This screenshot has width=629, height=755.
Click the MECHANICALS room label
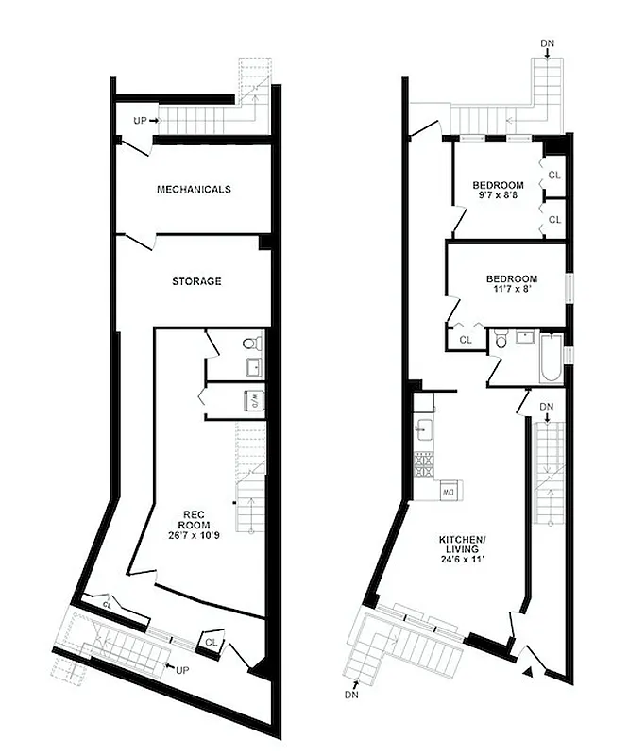pyautogui.click(x=193, y=189)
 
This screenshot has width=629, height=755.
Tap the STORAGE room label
pyautogui.click(x=196, y=281)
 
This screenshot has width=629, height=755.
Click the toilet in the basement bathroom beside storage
pyautogui.click(x=250, y=344)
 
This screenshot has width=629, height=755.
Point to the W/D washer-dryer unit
pyautogui.click(x=252, y=400)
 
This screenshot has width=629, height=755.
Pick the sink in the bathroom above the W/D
pyautogui.click(x=253, y=366)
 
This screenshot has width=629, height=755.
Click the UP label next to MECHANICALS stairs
pyautogui.click(x=141, y=121)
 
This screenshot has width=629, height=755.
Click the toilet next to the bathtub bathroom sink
pyautogui.click(x=501, y=341)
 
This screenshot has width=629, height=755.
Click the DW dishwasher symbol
pyautogui.click(x=450, y=491)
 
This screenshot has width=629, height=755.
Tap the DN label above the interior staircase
pyautogui.click(x=546, y=407)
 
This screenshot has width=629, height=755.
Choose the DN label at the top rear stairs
pyautogui.click(x=547, y=42)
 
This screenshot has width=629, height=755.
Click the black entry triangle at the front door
pyautogui.click(x=527, y=672)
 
